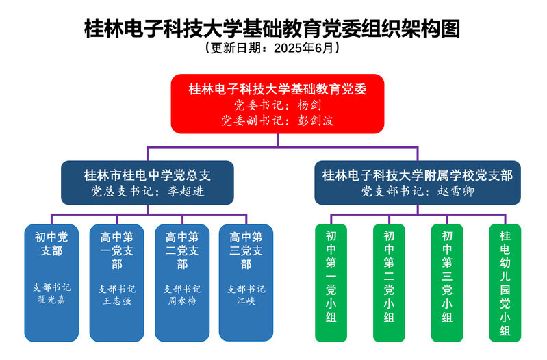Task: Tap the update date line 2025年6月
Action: [x=273, y=49]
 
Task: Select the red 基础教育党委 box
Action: [x=277, y=103]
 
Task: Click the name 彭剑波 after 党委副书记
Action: [x=316, y=120]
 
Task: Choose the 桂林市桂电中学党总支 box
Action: [x=147, y=182]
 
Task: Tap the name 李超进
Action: [x=186, y=191]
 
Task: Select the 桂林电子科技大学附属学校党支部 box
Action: [x=418, y=182]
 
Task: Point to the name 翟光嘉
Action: [x=52, y=300]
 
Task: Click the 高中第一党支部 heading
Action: [x=117, y=250]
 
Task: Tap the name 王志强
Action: [x=117, y=300]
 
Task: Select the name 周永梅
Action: [x=182, y=300]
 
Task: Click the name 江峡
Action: [x=246, y=300]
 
